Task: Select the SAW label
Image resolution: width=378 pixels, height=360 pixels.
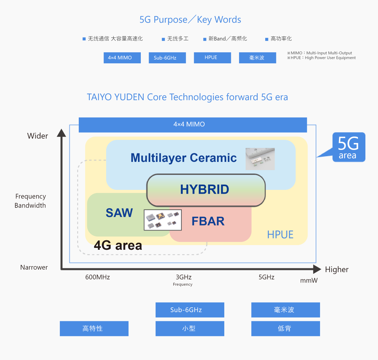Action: (x=119, y=213)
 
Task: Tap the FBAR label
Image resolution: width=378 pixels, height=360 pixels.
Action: (x=208, y=221)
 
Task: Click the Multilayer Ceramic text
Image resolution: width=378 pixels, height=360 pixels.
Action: (x=183, y=158)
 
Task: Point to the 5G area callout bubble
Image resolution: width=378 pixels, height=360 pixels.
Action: (x=348, y=147)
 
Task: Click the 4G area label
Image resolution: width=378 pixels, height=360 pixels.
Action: (x=118, y=245)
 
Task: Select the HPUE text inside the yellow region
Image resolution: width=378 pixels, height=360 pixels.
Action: (x=280, y=235)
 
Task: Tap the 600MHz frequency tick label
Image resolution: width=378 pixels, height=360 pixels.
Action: (x=98, y=277)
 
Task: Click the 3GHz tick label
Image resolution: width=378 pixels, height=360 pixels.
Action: (x=184, y=277)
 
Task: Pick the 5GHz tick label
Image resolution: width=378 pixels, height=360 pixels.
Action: (x=266, y=277)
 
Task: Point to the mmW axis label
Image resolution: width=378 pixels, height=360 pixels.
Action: (x=309, y=281)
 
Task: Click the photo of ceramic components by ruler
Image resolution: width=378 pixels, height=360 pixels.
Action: (x=260, y=159)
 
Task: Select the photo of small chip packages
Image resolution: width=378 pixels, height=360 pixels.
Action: (x=163, y=220)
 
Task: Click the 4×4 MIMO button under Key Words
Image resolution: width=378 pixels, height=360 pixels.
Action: (x=122, y=58)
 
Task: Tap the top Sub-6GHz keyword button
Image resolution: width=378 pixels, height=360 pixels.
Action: (x=167, y=58)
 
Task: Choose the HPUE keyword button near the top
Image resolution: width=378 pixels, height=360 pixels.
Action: (x=212, y=58)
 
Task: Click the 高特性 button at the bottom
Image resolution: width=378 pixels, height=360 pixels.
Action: (x=94, y=329)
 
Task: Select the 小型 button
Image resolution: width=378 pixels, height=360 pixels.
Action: (x=190, y=329)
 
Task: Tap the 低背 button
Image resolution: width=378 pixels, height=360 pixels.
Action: (x=285, y=329)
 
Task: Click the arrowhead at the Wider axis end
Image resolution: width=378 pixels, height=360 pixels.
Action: (x=61, y=133)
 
